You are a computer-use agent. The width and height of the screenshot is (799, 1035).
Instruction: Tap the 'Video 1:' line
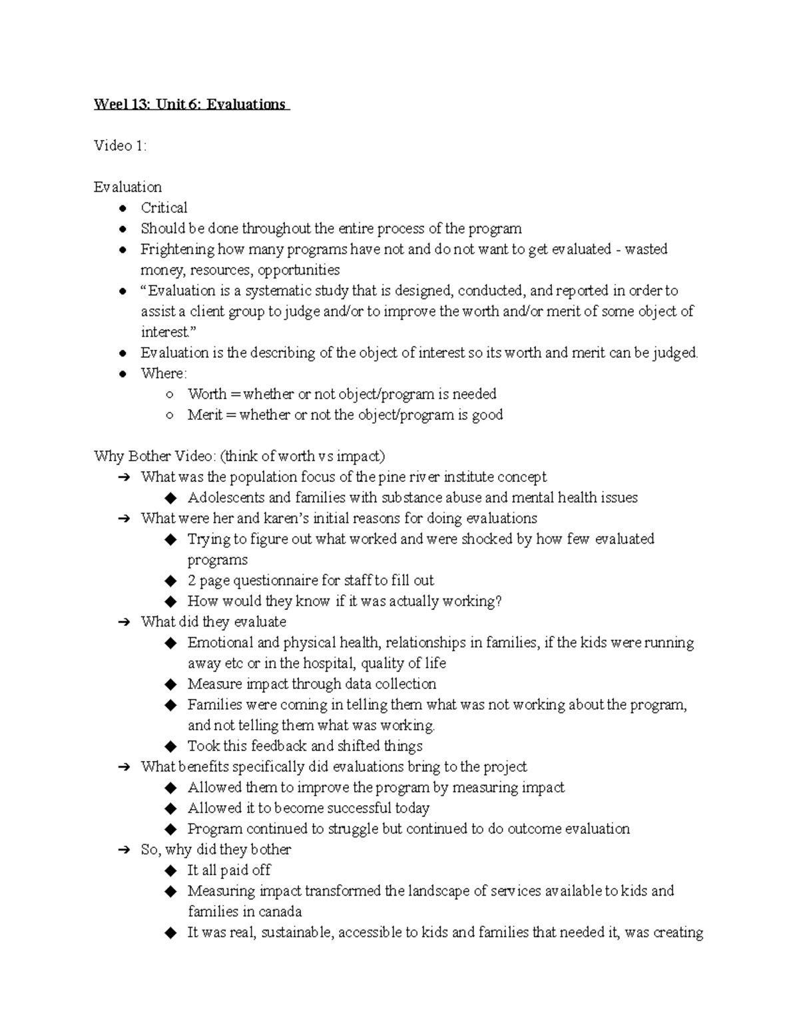coord(120,146)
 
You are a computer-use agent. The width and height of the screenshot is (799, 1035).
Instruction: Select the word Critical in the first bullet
coord(164,208)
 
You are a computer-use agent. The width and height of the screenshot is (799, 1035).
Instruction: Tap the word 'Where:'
coord(164,373)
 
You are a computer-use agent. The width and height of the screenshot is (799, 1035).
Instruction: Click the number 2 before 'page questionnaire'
coord(192,580)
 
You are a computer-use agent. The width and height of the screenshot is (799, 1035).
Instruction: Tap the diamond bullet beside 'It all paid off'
coord(171,870)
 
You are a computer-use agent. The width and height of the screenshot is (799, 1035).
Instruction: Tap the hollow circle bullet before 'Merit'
coord(170,415)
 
